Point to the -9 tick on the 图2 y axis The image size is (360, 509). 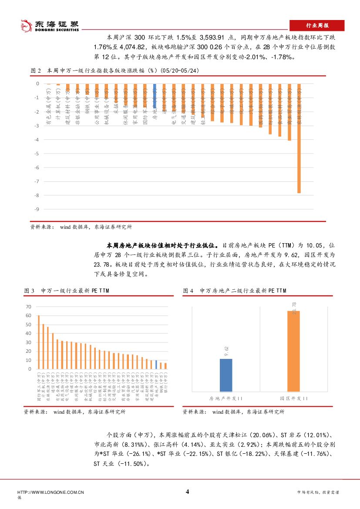coord(37,209)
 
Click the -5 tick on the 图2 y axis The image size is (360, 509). coord(37,154)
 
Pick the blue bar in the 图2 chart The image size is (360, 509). coord(154,96)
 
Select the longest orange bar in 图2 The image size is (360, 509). coord(299,138)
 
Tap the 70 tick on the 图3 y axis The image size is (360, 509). coord(29,307)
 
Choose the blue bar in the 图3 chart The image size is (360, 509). coord(156,365)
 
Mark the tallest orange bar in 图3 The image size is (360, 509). coord(39,342)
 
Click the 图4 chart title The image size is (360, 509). coord(235,291)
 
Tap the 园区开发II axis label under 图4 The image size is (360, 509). coord(293,398)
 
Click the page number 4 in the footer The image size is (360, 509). coord(187,492)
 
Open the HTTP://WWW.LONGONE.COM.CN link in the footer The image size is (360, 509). coord(50,492)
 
